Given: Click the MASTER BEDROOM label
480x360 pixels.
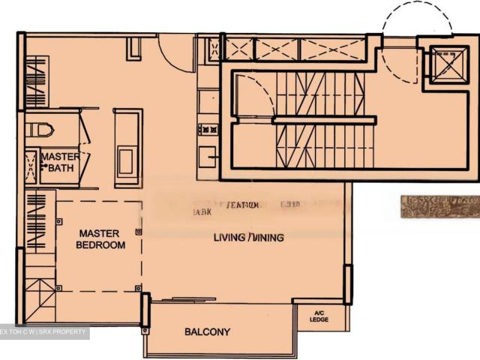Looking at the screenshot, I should coord(101,239).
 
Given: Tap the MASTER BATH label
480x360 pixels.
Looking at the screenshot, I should coord(61,162).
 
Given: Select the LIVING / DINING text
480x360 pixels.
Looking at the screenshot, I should coord(248,238).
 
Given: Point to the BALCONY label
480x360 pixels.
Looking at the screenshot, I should coord(207,331).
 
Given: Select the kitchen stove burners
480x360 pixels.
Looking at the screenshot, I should coord(208,129).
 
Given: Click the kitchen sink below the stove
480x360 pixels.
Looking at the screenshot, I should coord(208,156).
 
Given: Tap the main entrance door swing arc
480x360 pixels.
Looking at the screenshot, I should coord(176,52).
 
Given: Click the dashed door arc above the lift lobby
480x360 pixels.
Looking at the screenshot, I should coord(416,22).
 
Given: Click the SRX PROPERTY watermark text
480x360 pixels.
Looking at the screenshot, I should coord(45,331).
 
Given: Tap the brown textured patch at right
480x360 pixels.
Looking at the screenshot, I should coord(439,207).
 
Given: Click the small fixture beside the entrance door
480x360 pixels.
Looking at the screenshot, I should coord(136,47).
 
